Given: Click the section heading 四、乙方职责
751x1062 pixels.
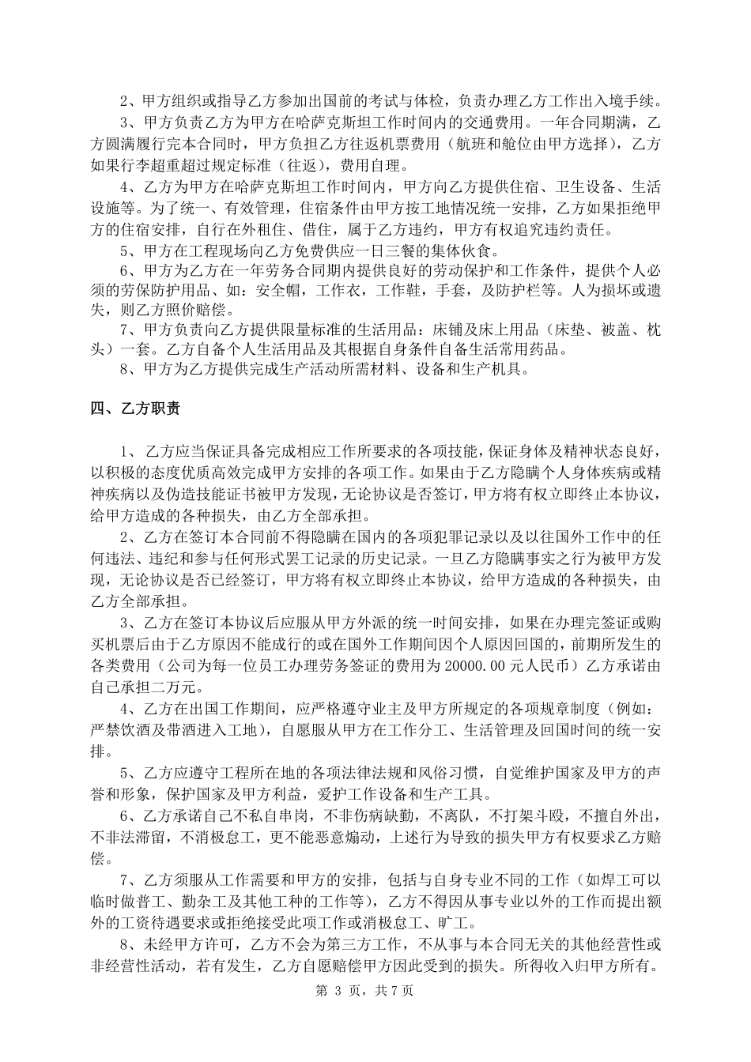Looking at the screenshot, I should point(135,409).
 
